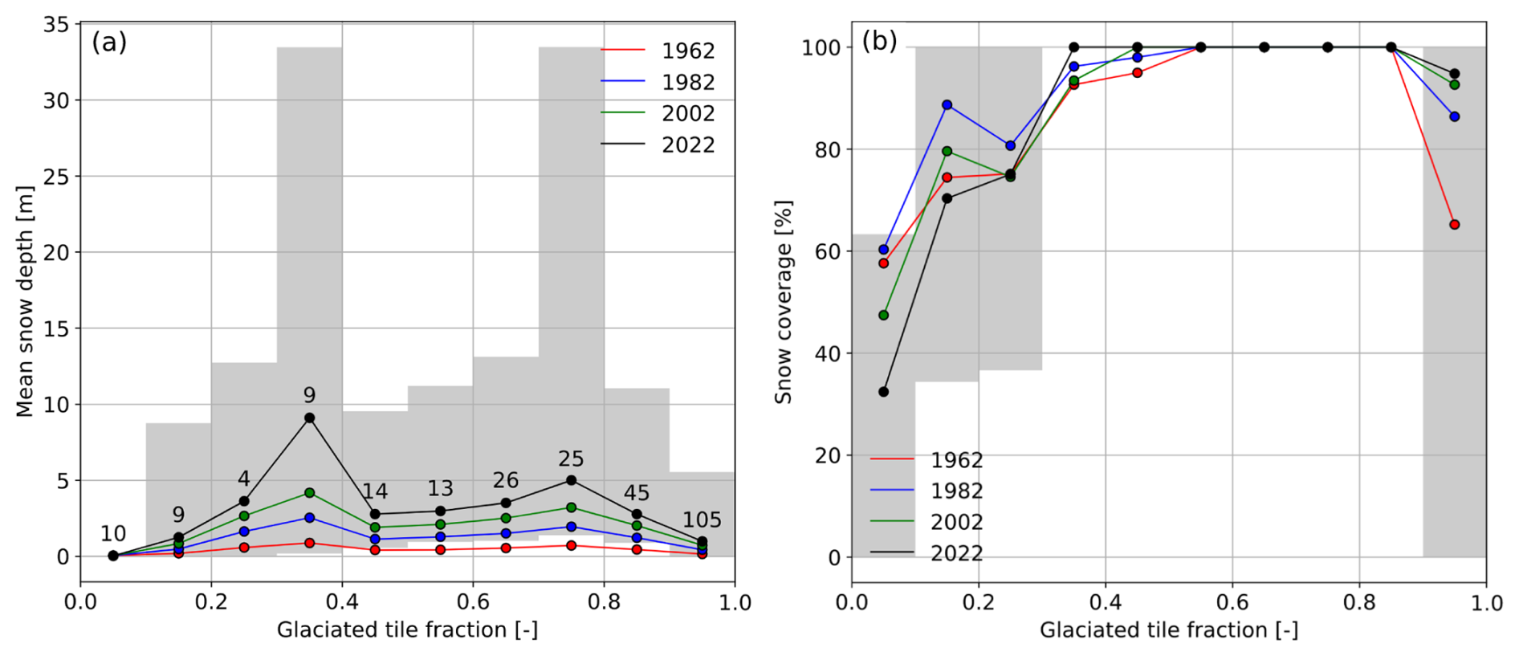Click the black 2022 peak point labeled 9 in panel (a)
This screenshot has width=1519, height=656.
pos(309,418)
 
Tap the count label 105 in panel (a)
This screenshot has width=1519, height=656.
pos(702,520)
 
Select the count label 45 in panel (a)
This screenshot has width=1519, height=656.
pos(637,493)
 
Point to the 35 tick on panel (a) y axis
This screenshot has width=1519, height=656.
pos(56,25)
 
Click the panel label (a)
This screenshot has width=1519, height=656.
pos(109,42)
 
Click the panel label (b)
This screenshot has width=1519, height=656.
pos(879,40)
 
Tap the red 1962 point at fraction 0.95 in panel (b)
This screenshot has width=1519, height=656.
pos(1454,225)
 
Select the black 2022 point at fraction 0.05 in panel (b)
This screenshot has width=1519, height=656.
pos(883,392)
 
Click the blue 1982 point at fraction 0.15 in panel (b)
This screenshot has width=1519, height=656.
pos(947,105)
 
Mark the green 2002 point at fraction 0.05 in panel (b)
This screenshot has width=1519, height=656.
pos(883,316)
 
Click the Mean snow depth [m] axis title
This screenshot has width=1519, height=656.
pos(25,301)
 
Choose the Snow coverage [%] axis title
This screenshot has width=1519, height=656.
pos(784,301)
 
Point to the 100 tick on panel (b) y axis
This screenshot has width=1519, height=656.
pos(821,48)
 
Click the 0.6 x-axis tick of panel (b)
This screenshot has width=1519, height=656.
pos(1232,602)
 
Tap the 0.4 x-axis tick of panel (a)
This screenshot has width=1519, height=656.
pos(342,602)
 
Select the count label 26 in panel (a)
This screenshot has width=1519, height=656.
pos(506,480)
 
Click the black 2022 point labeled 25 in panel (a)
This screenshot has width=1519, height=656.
pos(571,480)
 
